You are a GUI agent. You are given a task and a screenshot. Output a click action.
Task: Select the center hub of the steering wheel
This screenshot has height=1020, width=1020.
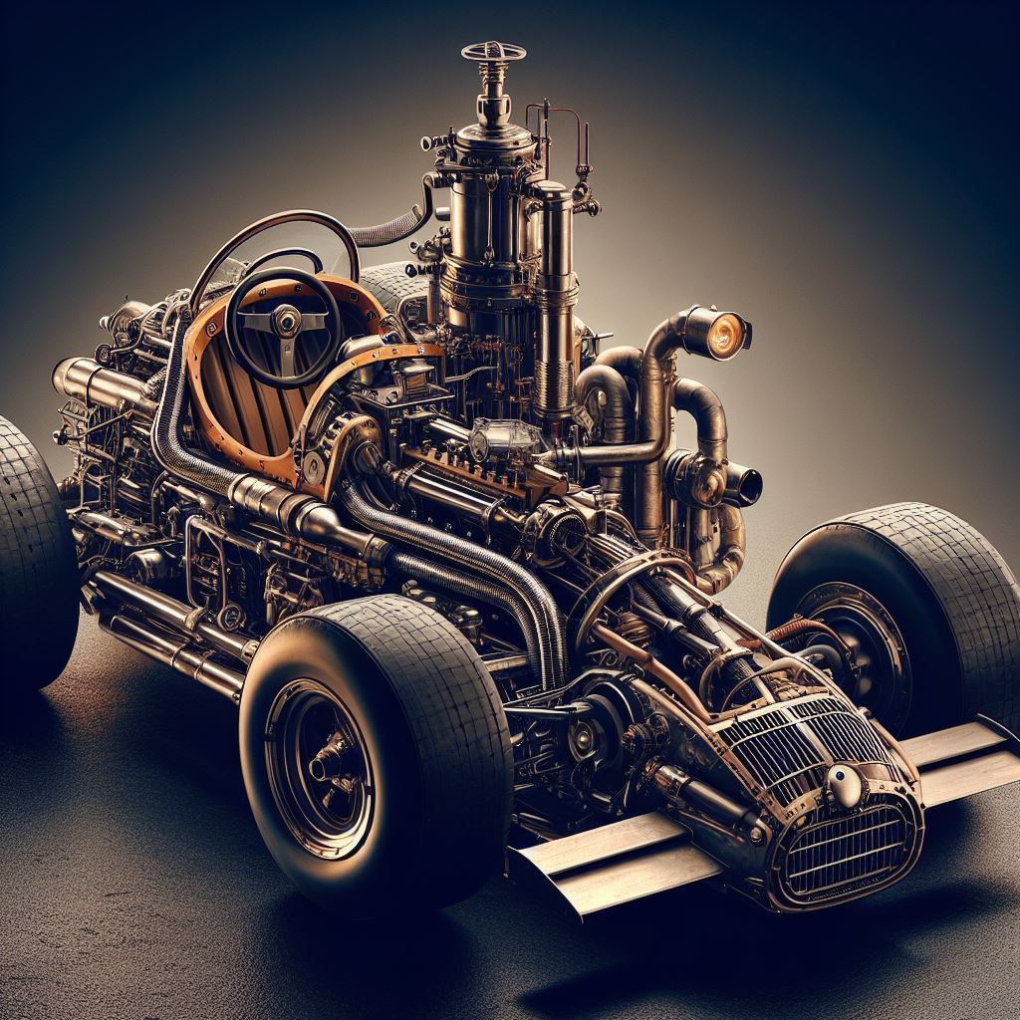point(287,320)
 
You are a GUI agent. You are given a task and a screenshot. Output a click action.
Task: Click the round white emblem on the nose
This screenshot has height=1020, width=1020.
point(846,786)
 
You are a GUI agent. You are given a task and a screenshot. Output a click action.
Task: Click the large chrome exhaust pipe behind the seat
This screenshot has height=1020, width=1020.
point(100,383)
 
